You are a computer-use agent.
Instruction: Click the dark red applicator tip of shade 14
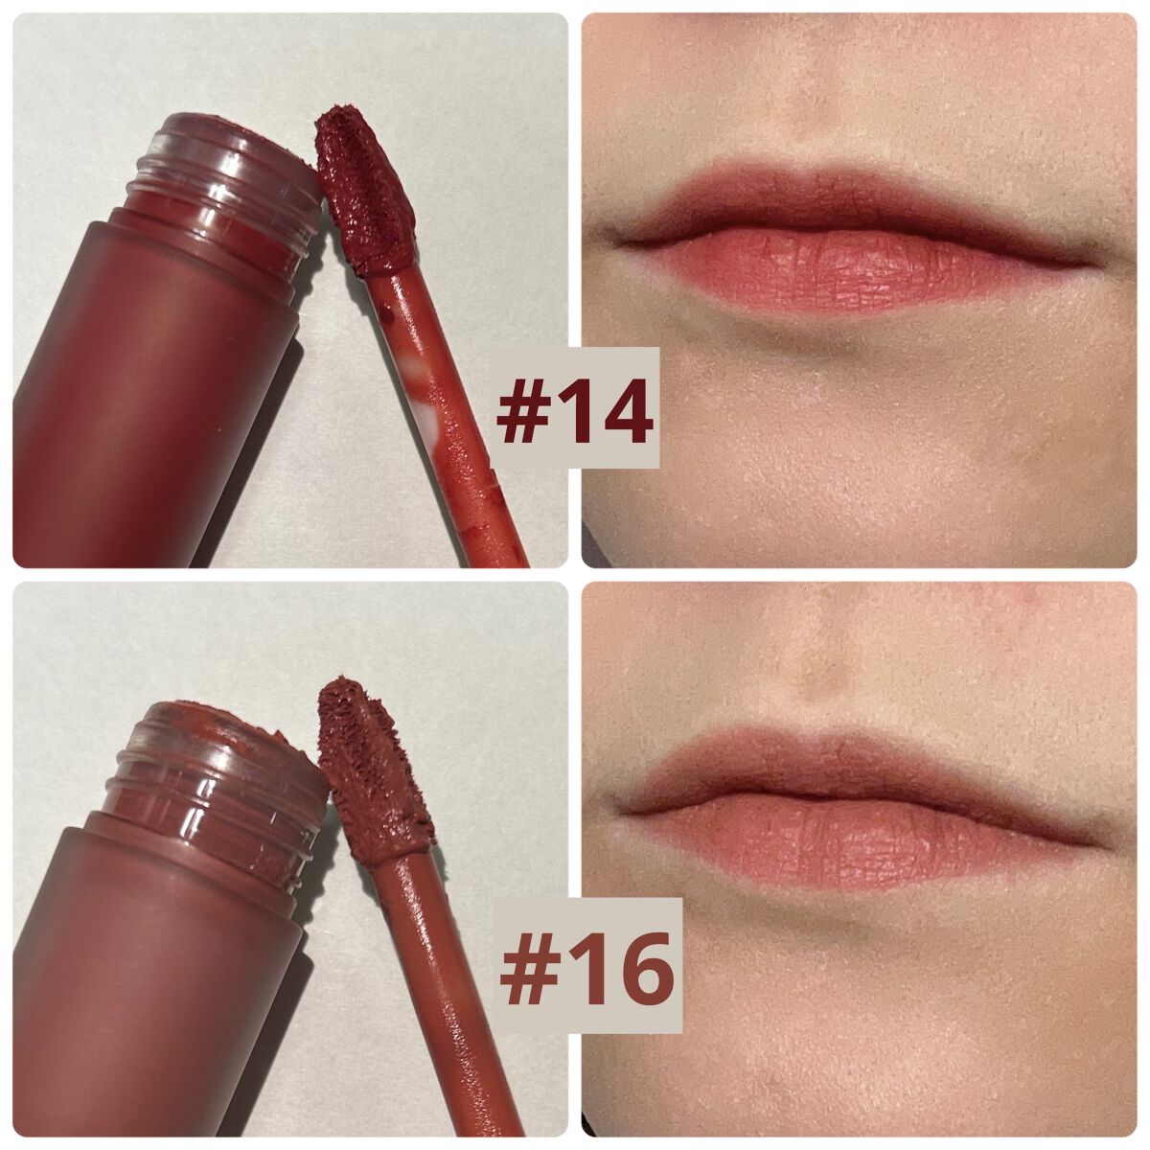pyautogui.click(x=364, y=190)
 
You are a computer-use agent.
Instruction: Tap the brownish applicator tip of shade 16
pyautogui.click(x=373, y=769)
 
